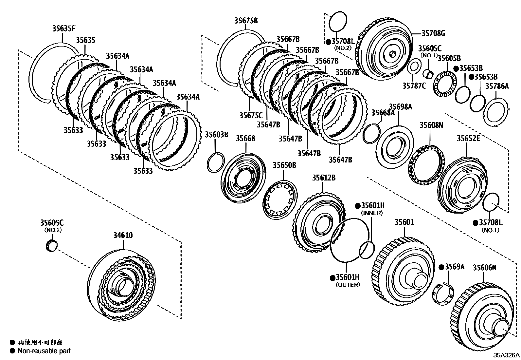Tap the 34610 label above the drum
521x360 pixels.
[x=123, y=235]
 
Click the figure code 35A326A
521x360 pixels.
[x=506, y=355]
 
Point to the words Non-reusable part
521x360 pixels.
[x=44, y=351]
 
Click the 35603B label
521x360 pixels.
[x=216, y=135]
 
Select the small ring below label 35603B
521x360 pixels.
[x=216, y=162]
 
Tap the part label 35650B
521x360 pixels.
[x=284, y=165]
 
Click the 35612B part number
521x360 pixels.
[x=323, y=178]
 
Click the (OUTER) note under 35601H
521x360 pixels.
[x=348, y=285]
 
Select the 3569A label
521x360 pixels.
[x=454, y=267]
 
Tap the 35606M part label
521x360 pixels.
[x=484, y=267]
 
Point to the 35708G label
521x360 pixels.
[x=433, y=33]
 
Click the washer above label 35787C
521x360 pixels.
[x=414, y=67]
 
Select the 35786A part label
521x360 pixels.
[x=497, y=86]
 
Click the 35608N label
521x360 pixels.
[x=431, y=125]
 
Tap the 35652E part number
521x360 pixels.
[x=468, y=139]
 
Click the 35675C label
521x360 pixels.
[x=251, y=115]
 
